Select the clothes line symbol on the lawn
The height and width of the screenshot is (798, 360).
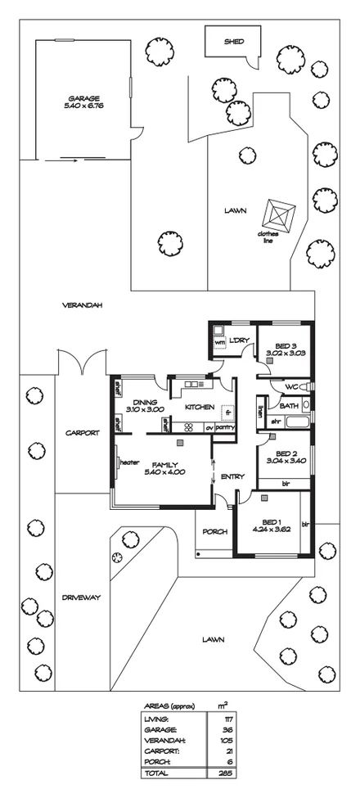pyautogui.click(x=278, y=216)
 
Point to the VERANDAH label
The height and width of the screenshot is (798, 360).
pyautogui.click(x=82, y=305)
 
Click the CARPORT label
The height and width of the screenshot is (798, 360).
pyautogui.click(x=83, y=433)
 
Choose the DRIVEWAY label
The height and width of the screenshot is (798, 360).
pyautogui.click(x=80, y=597)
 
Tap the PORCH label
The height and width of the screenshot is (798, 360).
pyautogui.click(x=214, y=531)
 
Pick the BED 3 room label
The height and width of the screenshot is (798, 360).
pyautogui.click(x=285, y=346)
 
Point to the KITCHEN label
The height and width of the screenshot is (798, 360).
pyautogui.click(x=199, y=407)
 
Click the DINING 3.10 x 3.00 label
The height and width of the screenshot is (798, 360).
pyautogui.click(x=145, y=405)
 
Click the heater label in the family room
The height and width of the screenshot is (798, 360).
pyautogui.click(x=129, y=462)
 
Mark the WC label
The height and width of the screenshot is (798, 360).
pyautogui.click(x=291, y=386)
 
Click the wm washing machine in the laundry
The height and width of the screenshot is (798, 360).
pyautogui.click(x=219, y=342)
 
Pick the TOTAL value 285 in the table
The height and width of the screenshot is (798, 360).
pyautogui.click(x=223, y=773)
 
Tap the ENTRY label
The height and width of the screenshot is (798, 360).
pyautogui.click(x=232, y=476)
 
